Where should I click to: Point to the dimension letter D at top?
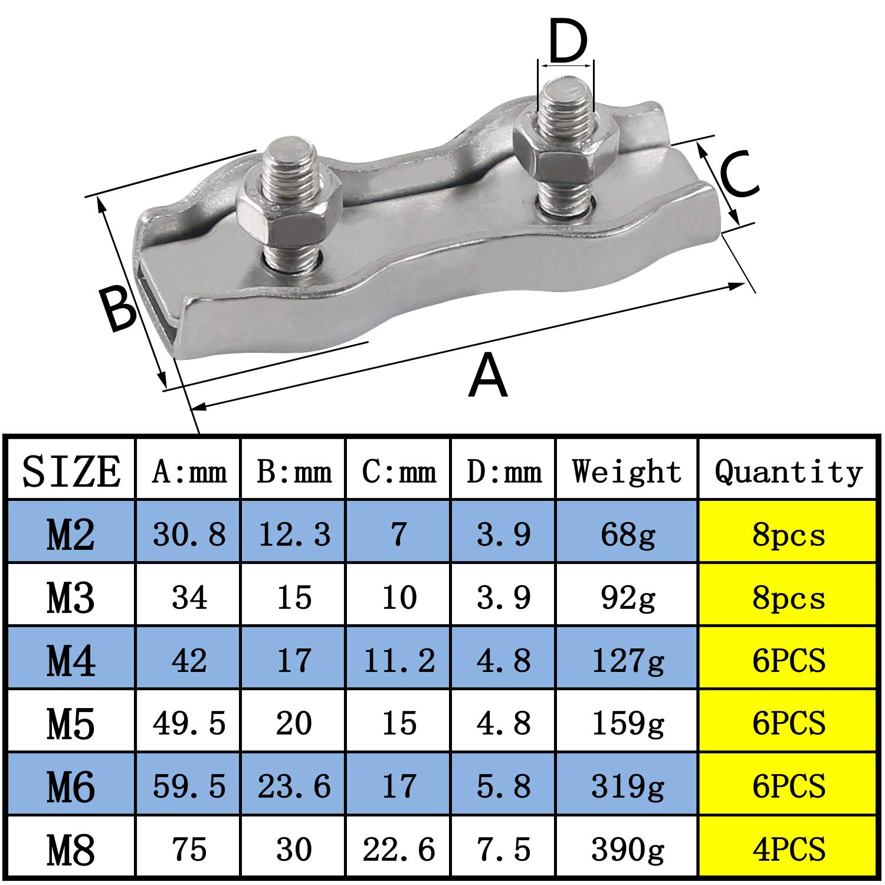(568, 41)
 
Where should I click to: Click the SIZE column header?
(71, 471)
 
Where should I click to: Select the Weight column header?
(627, 471)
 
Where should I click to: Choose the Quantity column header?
(788, 471)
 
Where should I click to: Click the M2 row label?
(71, 535)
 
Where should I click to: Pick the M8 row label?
(71, 850)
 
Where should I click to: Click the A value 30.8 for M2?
(189, 535)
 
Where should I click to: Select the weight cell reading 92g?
(627, 598)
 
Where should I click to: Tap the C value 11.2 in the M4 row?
(399, 660)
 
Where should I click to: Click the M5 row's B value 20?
(294, 723)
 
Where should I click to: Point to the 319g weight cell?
(627, 786)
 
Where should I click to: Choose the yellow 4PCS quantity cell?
(788, 850)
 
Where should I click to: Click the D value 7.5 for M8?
(503, 850)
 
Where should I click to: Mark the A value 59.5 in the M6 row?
(189, 786)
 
